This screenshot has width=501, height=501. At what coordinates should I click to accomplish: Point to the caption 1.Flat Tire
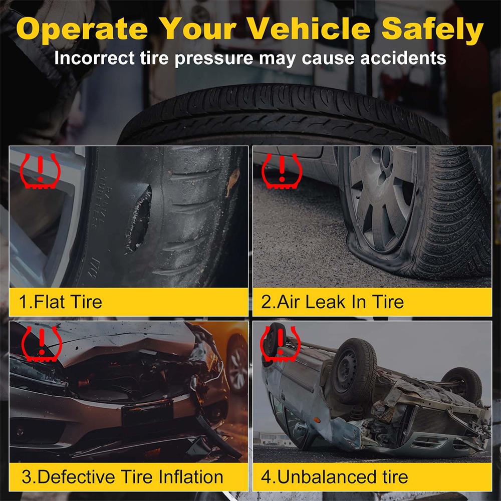point(60,302)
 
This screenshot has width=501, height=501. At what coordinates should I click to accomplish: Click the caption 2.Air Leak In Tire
point(332,302)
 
